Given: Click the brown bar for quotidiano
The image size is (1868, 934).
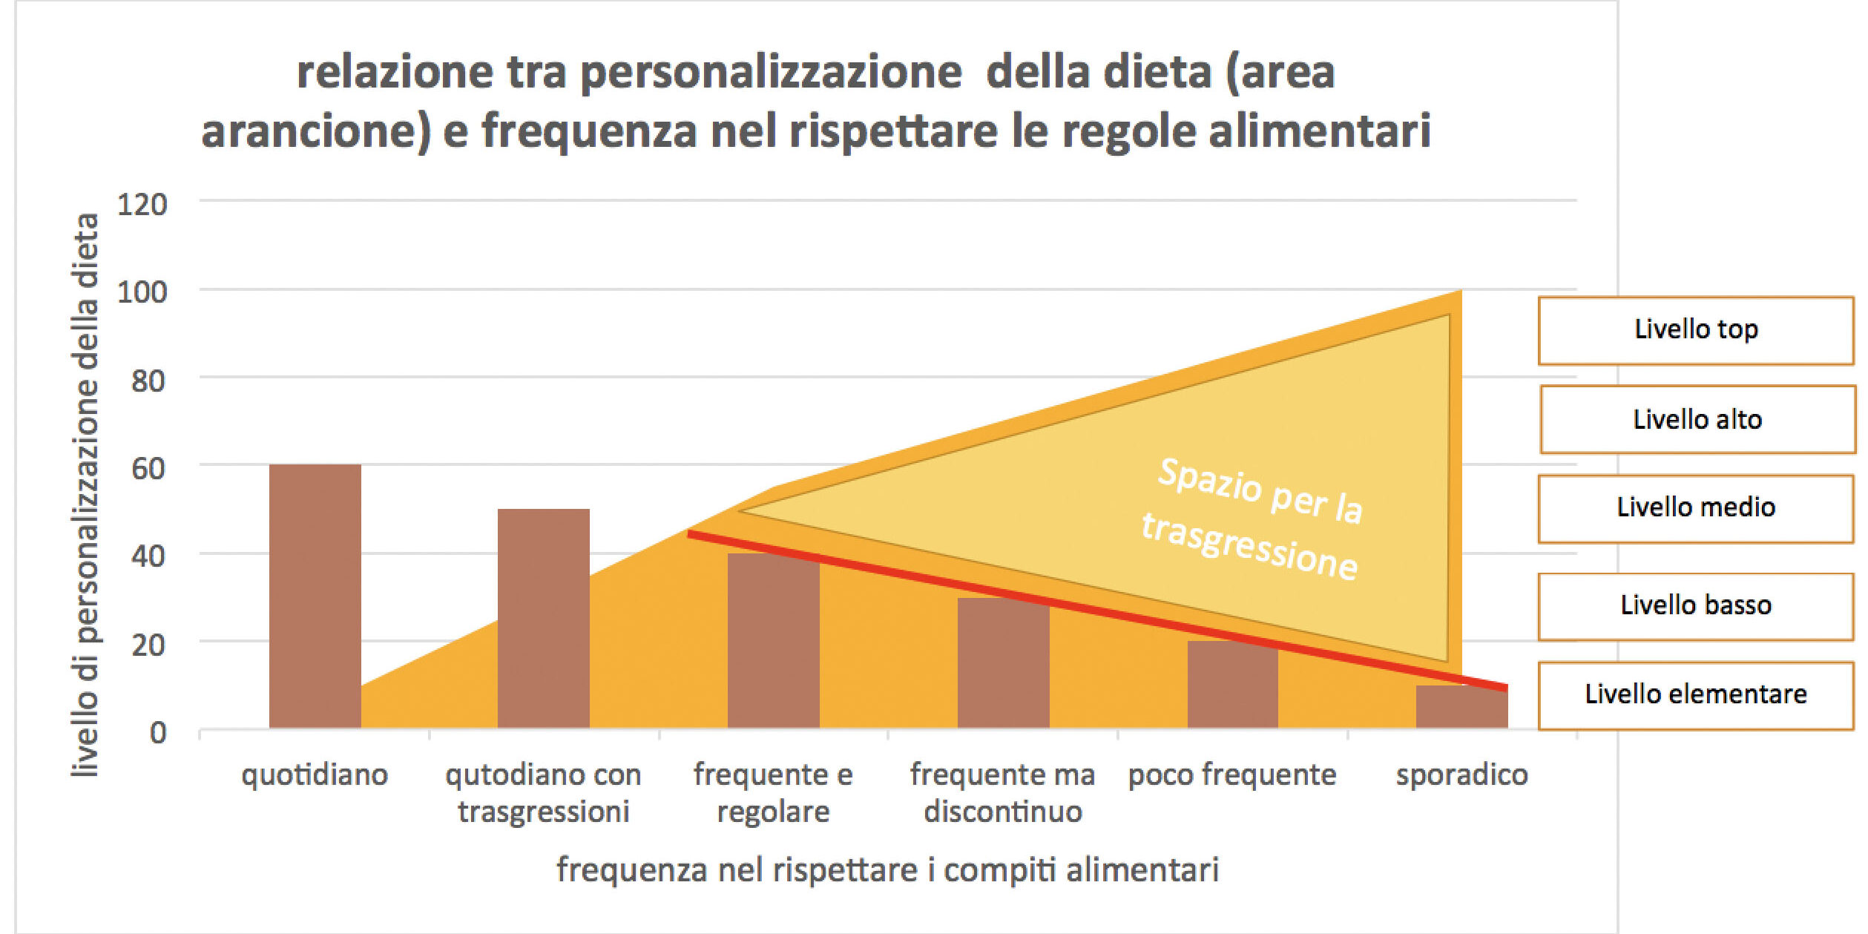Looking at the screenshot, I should point(315,596).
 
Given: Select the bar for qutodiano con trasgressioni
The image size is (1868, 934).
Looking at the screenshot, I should point(543,619).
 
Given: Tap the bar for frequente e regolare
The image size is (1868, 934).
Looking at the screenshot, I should point(773,641).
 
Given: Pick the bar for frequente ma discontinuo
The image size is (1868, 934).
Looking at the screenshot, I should point(1003,663).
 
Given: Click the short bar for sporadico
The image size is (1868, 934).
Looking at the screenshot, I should point(1461,707).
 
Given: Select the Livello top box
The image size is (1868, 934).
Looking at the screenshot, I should point(1695,330).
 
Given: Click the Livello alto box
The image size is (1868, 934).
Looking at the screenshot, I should point(1697,419).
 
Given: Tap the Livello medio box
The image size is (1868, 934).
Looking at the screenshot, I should point(1695,508).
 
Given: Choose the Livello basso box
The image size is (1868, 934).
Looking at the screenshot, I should point(1695,605).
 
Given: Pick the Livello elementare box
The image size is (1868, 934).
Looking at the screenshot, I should point(1695,695).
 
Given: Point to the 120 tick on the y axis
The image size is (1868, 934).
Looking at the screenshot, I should point(142,205).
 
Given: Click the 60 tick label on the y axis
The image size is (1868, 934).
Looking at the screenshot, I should point(148,469).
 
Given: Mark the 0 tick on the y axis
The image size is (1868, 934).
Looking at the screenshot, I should point(157,733).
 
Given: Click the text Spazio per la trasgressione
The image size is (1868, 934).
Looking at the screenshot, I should point(1254,519).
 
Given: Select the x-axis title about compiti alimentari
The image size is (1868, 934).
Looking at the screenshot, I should point(887,869).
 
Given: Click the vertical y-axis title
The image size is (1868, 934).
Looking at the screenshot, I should point(86,496).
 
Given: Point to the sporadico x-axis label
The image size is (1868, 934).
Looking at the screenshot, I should point(1461,775).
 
